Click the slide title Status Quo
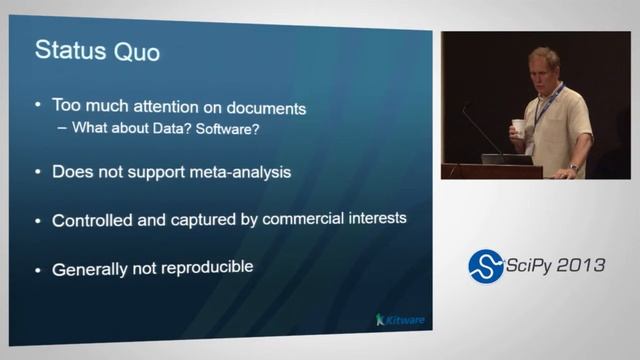click(97, 50)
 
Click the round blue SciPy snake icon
click(486, 266)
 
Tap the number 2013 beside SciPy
click(581, 265)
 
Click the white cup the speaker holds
click(517, 127)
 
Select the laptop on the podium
click(505, 158)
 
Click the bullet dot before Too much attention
click(38, 105)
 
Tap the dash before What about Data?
click(62, 128)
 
